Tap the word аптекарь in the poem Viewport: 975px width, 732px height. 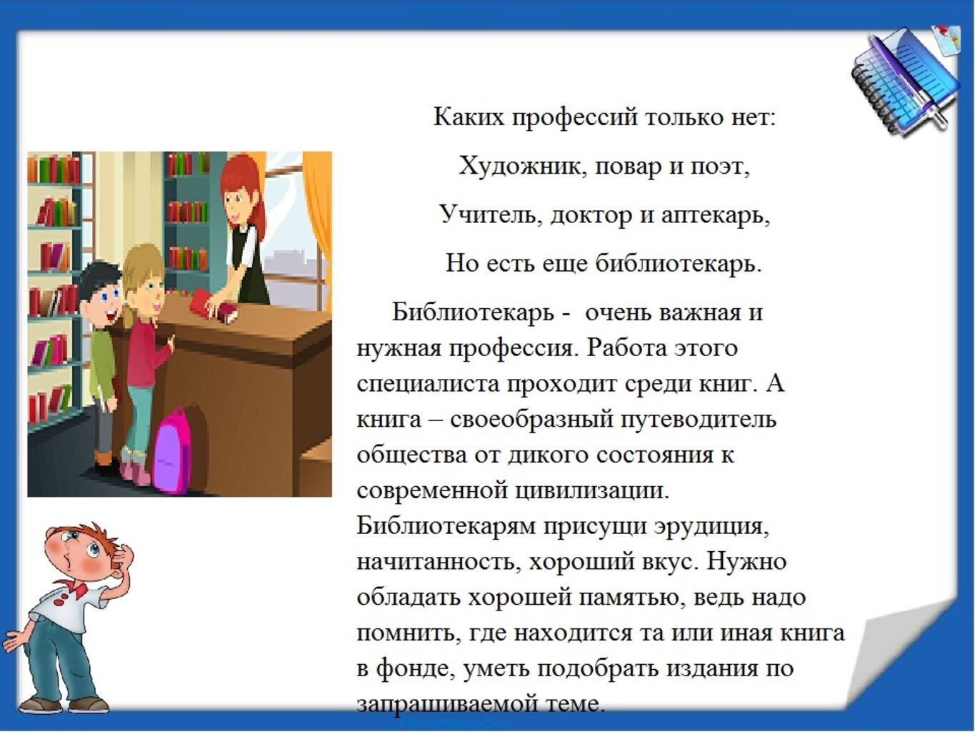pyautogui.click(x=715, y=216)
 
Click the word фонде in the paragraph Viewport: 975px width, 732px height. pyautogui.click(x=416, y=668)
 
